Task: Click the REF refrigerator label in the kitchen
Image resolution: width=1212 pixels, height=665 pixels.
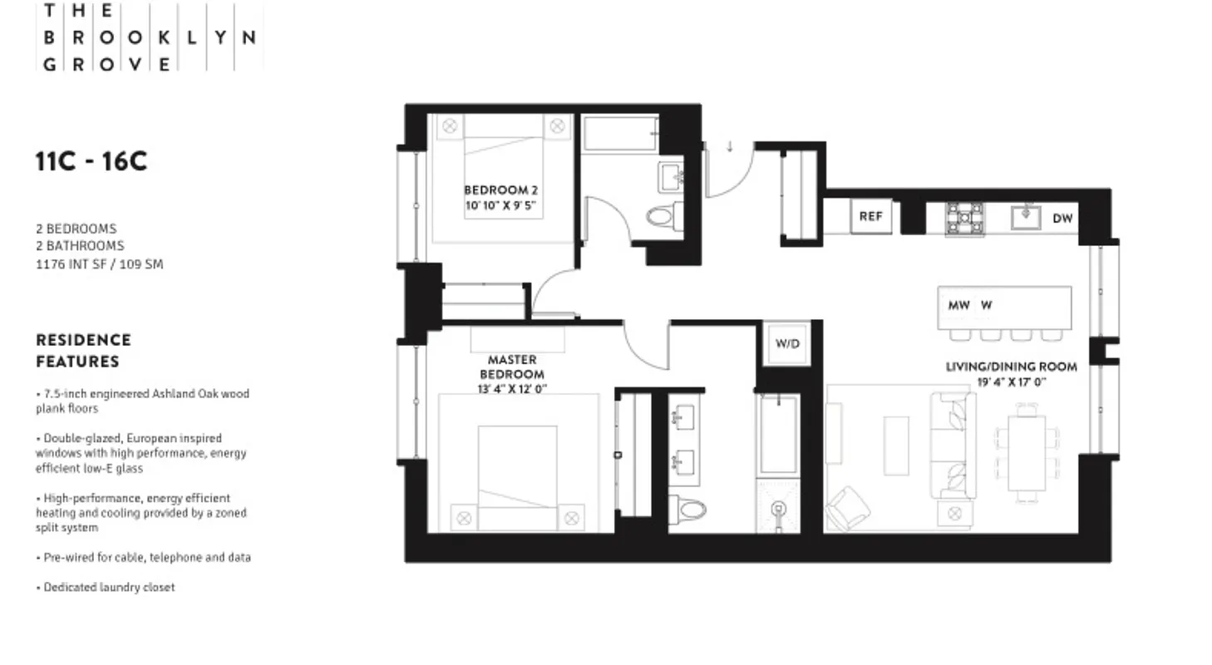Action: click(870, 216)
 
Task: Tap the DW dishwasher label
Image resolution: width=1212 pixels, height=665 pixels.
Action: click(1062, 219)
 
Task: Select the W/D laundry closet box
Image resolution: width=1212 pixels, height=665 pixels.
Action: click(786, 343)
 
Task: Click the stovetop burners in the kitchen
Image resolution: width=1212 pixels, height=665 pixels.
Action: click(964, 218)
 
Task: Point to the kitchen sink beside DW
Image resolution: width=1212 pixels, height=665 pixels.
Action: click(1026, 217)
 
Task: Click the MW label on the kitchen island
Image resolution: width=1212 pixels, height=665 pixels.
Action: click(958, 305)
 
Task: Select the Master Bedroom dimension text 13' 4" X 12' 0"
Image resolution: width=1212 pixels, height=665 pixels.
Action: click(512, 388)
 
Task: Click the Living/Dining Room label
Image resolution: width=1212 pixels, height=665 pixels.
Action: click(1011, 367)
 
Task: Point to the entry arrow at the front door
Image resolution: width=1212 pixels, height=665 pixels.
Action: click(729, 147)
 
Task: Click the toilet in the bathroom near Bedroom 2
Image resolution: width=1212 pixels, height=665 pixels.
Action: click(662, 218)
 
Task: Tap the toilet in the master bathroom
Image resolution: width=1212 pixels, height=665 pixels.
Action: click(688, 508)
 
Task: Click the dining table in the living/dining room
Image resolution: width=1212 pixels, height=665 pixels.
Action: click(1027, 453)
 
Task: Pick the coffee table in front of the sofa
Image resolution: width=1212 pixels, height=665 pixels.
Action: click(895, 446)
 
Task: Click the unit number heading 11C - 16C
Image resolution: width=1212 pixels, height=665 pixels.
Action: click(91, 161)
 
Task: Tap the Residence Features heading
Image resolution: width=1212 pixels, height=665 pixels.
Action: click(83, 351)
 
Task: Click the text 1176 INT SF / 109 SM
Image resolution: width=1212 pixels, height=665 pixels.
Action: click(99, 264)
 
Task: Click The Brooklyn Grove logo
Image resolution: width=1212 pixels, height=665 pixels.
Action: click(149, 37)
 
